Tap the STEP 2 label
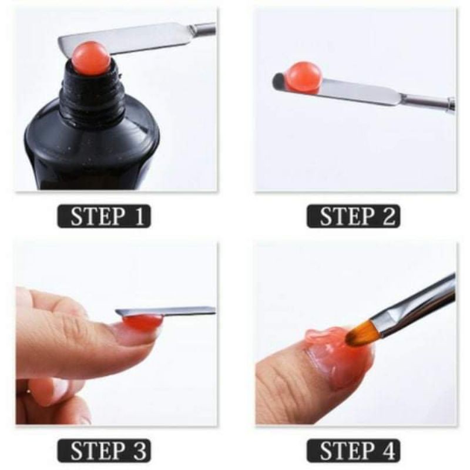[x=352, y=216]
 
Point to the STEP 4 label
[x=352, y=450]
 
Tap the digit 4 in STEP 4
[x=389, y=450]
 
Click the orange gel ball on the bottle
[x=91, y=57]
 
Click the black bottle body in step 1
[x=91, y=153]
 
